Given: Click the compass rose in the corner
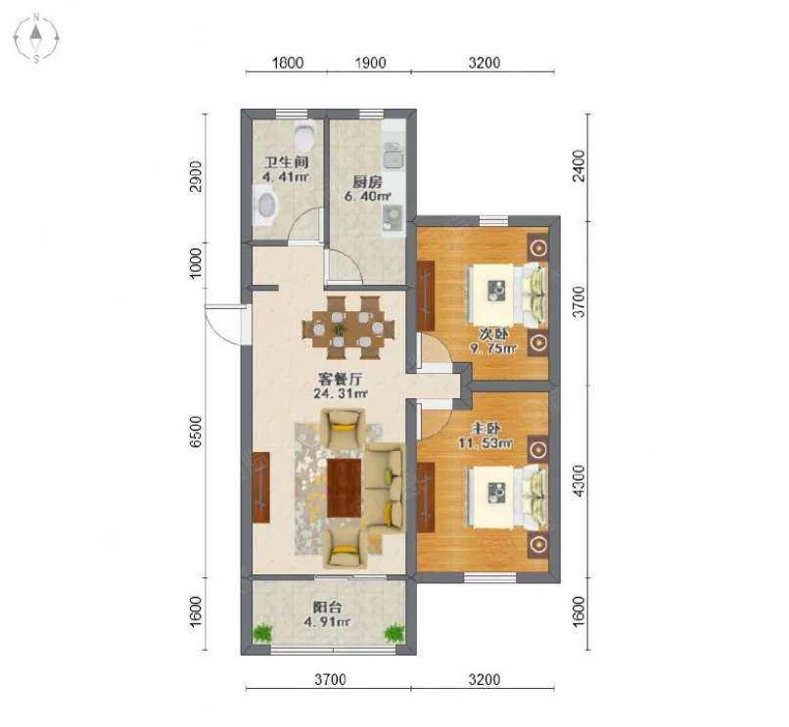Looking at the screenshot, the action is pos(36,38).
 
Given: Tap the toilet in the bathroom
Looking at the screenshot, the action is pos(303,133).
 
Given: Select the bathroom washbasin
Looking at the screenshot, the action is pos(264,204).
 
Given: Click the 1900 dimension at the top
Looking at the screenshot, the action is pos(370,63).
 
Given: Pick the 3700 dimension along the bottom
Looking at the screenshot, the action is pos(330,679).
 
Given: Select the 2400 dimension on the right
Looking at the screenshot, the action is pos(580,165).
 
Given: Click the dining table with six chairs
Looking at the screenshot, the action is pos(348,328).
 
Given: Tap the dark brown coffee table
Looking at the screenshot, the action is pos(345,487).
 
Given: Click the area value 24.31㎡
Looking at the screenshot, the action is pos(340,393).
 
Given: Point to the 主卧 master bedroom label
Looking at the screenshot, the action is pos(486,429).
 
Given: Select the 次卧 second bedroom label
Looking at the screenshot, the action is pos(493,334).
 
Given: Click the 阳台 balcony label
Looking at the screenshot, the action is pos(327,607).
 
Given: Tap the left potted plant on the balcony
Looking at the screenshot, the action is pos(261,633).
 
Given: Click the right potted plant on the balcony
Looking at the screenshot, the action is pos(395,633).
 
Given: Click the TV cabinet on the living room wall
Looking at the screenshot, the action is pos(260,487).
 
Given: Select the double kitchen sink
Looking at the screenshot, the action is pos(393,155).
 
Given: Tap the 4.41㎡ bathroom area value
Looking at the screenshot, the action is pos(285,176).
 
